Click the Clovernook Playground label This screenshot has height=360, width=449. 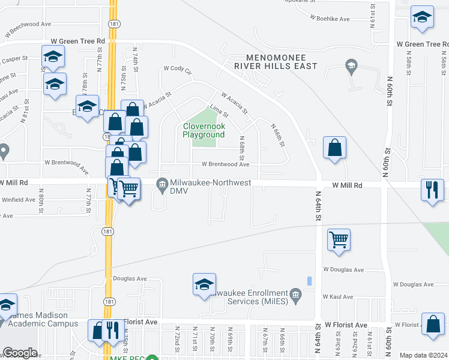[x=203, y=130]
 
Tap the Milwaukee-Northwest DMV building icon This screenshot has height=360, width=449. [x=161, y=184]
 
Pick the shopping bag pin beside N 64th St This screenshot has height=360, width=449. [x=334, y=148]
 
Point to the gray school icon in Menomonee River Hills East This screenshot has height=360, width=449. [x=352, y=67]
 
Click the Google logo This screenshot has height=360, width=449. [x=20, y=353]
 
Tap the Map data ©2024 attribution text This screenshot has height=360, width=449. [x=424, y=355]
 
